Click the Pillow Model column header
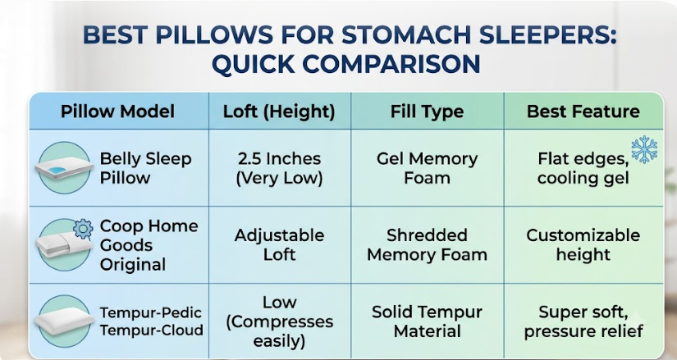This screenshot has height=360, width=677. [117, 112]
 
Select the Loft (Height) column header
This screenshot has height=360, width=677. [279, 112]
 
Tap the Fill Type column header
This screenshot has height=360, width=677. [427, 112]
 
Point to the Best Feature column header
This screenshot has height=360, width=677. [583, 112]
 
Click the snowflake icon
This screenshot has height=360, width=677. [644, 150]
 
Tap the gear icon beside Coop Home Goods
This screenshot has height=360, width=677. [83, 229]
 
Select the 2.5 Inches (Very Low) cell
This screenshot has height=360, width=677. [279, 168]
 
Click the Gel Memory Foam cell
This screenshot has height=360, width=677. [427, 168]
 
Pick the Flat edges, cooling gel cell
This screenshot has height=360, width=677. [583, 168]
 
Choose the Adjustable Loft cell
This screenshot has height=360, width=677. [279, 244]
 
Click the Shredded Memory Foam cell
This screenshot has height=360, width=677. [427, 244]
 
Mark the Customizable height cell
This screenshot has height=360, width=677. [583, 244]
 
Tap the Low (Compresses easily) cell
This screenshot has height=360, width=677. [279, 321]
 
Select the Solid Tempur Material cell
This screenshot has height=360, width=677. [427, 321]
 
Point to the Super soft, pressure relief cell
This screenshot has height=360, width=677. [583, 321]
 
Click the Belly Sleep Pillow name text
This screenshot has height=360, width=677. [145, 168]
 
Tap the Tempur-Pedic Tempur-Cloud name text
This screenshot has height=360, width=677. [151, 321]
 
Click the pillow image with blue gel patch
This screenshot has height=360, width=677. [64, 168]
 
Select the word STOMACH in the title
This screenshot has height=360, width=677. [406, 35]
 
